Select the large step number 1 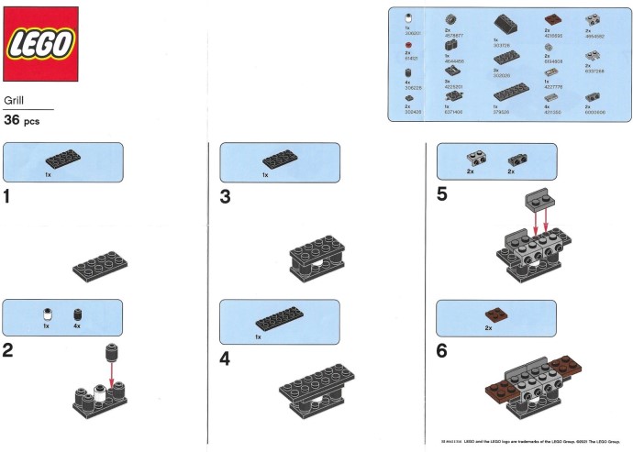pyautogui.click(x=9, y=197)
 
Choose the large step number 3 pyautogui.click(x=226, y=197)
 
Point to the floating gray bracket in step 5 pyautogui.click(x=539, y=202)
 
